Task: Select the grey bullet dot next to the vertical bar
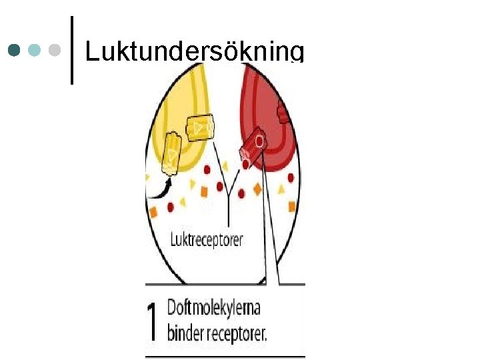click(x=55, y=51)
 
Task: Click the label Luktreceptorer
click(x=207, y=239)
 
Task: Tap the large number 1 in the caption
click(x=153, y=321)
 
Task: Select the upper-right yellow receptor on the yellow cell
click(x=199, y=128)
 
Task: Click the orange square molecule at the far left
click(x=153, y=213)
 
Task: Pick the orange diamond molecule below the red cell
click(x=258, y=189)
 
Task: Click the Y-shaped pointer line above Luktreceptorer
click(x=229, y=193)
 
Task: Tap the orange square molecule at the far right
click(x=292, y=206)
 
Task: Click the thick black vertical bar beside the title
click(x=71, y=51)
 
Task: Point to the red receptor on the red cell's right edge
click(x=283, y=115)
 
